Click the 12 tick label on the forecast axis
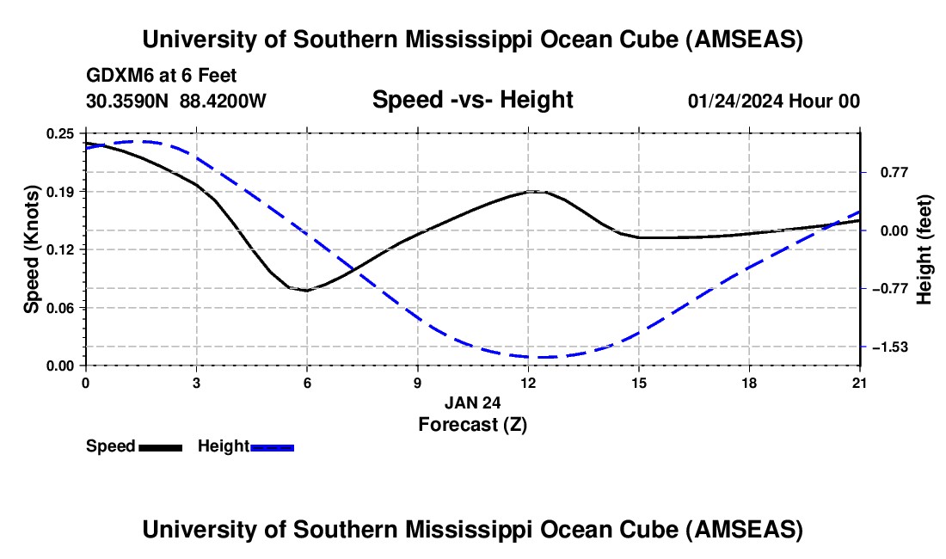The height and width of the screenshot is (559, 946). (528, 381)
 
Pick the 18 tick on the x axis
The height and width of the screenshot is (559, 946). (750, 381)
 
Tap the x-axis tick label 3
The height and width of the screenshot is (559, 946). (196, 381)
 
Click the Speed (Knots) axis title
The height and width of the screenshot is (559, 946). (31, 249)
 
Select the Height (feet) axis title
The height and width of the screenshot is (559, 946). (924, 249)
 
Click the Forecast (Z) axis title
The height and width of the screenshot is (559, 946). (472, 423)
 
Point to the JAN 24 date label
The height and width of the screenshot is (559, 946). (472, 402)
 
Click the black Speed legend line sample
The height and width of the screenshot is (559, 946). (160, 447)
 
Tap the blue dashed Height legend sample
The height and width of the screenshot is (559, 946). (272, 447)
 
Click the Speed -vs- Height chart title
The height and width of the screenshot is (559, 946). (472, 100)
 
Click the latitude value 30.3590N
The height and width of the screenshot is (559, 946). (129, 101)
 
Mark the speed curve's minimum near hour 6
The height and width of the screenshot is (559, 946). (306, 291)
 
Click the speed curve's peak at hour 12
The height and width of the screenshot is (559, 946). (535, 191)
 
